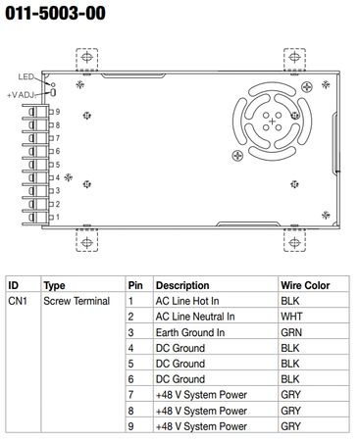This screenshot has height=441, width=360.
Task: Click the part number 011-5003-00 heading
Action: coord(56,14)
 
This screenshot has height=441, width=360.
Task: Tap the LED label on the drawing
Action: coord(26,76)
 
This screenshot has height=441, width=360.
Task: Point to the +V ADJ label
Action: coord(22,95)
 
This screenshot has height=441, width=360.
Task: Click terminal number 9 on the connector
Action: coord(58,112)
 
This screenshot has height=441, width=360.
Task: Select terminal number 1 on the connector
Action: coord(58,217)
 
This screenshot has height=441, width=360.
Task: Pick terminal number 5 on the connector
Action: coord(58,165)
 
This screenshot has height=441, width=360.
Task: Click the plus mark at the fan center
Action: coord(272,122)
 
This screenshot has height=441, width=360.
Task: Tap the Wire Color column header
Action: coord(305,285)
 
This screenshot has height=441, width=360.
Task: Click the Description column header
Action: coord(182,285)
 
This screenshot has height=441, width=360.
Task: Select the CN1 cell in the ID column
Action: coord(18,301)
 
